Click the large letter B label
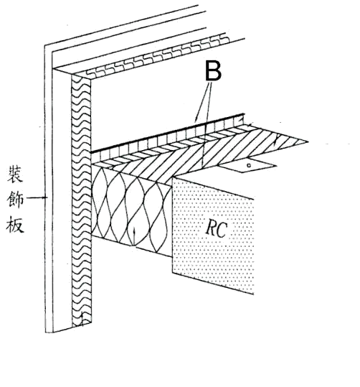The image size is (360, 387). (x=213, y=70)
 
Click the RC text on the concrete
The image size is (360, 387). (x=216, y=229)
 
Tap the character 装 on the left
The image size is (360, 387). (x=15, y=174)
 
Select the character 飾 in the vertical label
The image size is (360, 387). (x=15, y=199)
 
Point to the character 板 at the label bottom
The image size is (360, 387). (x=15, y=224)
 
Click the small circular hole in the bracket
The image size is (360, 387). (x=249, y=165)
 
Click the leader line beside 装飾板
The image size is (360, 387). (x=37, y=197)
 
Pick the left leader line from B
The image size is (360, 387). (x=204, y=102)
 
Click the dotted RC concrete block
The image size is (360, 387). (x=213, y=236)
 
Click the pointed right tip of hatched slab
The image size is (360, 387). (x=308, y=141)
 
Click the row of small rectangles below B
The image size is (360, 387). (x=168, y=138)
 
